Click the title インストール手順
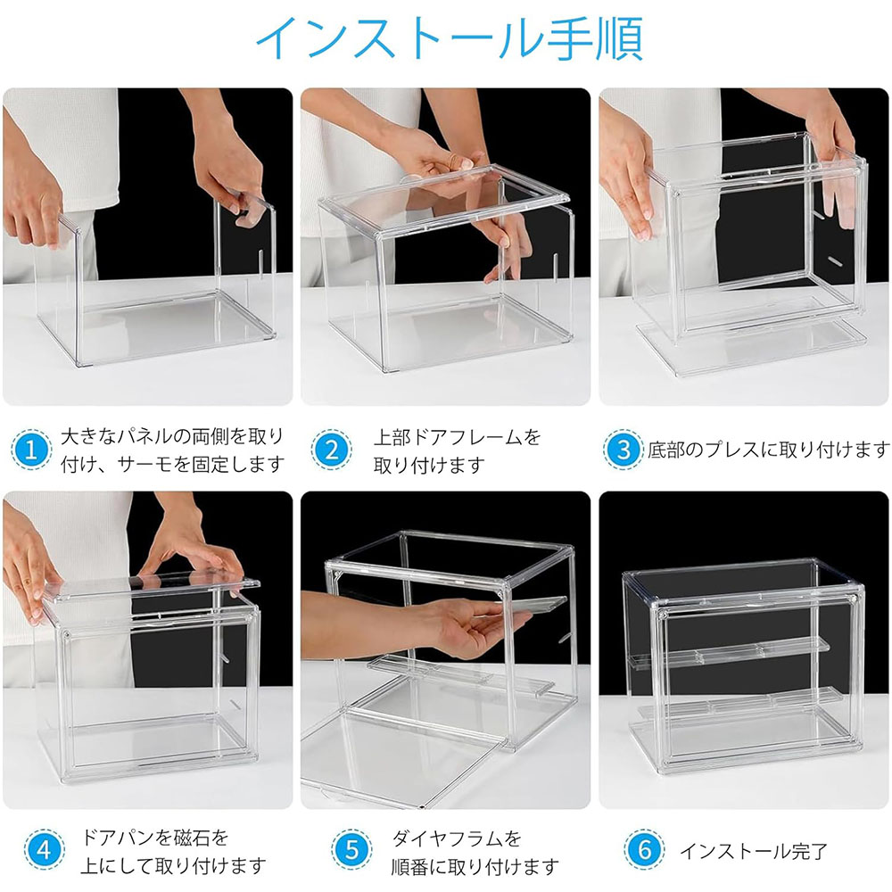coord(450,38)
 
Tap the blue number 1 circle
coord(31,450)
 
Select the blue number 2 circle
coord(332,450)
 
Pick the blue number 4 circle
coord(45,850)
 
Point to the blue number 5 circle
coord(351,850)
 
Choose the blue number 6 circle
coord(644,850)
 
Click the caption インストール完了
coord(754,851)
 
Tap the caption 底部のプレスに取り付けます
coord(769,450)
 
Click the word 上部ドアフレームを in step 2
coord(457,437)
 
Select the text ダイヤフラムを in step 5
coord(457,838)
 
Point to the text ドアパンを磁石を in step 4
coord(154,838)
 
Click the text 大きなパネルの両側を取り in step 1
coord(172,436)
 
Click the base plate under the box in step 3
coord(751,346)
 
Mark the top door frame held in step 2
coord(443,199)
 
